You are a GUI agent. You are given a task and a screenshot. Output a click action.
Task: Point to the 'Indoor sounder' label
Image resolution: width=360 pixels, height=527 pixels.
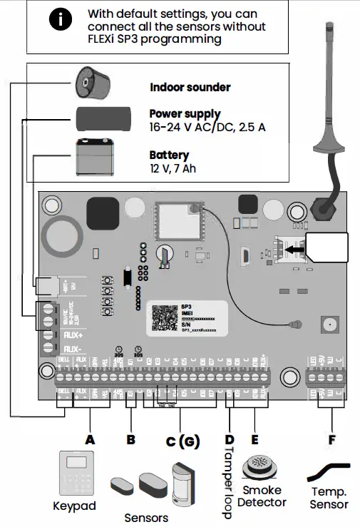click(x=190, y=88)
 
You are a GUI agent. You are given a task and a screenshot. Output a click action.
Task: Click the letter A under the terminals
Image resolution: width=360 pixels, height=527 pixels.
click(x=90, y=440)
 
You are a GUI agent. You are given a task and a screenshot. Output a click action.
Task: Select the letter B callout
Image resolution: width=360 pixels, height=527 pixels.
click(x=130, y=440)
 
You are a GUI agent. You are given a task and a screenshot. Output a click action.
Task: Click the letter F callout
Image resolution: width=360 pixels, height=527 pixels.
click(x=331, y=440)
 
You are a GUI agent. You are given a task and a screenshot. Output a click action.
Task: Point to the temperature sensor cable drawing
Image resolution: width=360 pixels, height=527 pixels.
click(x=330, y=472)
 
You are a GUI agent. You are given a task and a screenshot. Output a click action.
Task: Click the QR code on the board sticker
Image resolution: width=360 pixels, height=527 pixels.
click(x=165, y=317)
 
